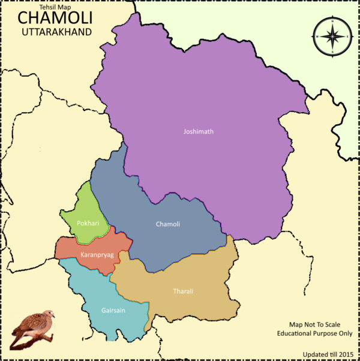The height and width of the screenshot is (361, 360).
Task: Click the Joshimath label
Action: tap(198, 131)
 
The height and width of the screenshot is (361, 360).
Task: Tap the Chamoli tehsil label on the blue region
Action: tap(168, 224)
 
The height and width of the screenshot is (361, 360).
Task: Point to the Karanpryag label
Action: tap(97, 255)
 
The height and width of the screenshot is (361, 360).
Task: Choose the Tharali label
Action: tap(184, 291)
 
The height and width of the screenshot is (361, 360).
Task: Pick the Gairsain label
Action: tap(113, 311)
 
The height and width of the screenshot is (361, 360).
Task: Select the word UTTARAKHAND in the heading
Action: tap(55, 31)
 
